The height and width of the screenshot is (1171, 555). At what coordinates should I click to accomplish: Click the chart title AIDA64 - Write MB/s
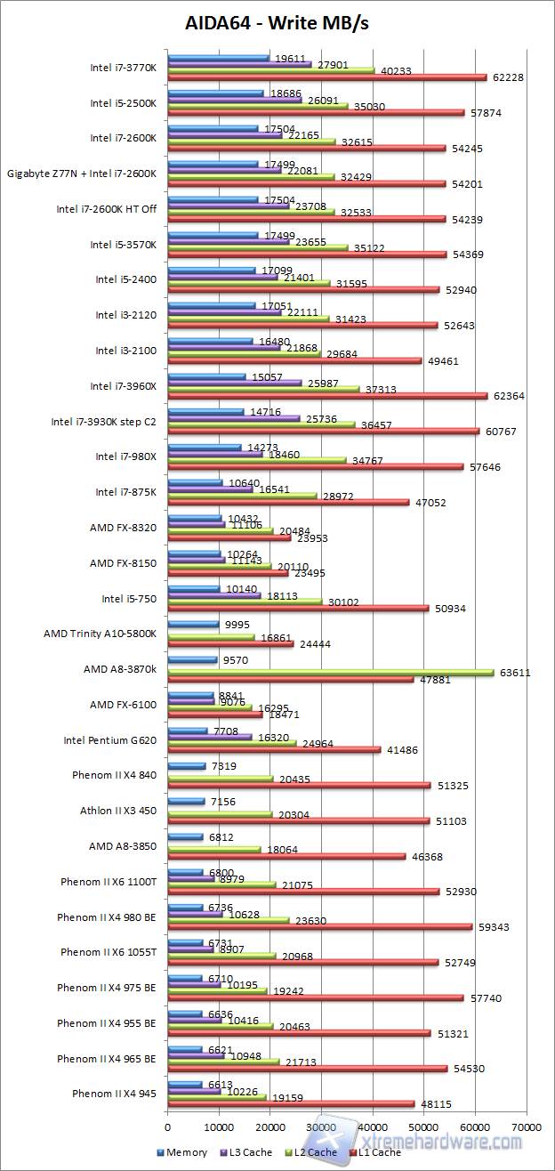click(276, 22)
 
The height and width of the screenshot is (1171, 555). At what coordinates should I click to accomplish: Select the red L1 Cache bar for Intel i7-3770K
click(327, 77)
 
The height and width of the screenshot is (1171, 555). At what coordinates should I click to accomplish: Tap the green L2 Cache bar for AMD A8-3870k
click(331, 673)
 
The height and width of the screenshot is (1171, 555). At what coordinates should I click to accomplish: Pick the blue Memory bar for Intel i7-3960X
click(206, 376)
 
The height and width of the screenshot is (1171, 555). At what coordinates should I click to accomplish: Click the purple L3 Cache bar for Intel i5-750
click(214, 595)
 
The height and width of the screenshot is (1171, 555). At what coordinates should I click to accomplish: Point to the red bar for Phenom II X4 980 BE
click(319, 926)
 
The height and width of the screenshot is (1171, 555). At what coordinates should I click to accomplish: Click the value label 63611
click(515, 673)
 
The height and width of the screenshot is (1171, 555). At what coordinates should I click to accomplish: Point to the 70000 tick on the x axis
click(526, 1127)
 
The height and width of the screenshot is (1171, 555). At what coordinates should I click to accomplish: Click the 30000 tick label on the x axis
click(321, 1127)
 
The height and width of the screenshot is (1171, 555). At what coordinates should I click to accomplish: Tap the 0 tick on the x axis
click(168, 1127)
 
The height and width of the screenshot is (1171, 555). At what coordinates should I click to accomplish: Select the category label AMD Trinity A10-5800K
click(100, 634)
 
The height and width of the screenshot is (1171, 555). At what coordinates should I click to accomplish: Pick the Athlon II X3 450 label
click(117, 811)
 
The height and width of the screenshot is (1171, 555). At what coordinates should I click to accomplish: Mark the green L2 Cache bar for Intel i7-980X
click(257, 460)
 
